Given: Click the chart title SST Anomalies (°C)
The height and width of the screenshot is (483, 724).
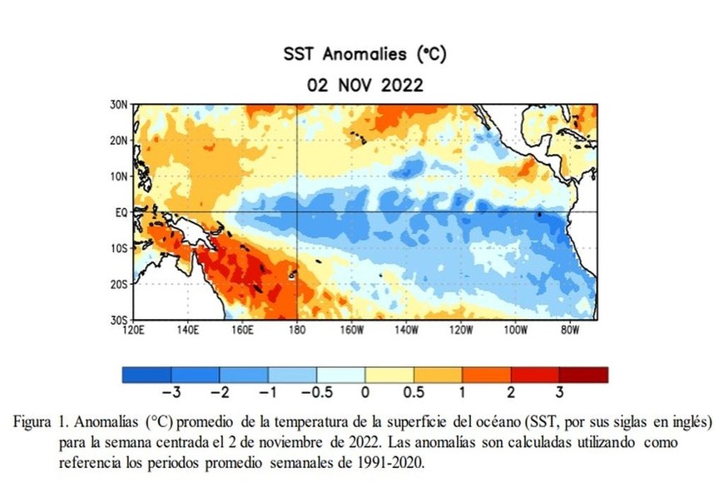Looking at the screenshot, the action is (364, 54).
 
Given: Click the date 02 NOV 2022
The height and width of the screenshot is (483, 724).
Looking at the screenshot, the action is (364, 86).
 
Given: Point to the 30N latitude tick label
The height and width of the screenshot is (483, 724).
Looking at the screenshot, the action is (119, 105).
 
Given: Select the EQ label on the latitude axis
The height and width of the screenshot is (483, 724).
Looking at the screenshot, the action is (121, 212).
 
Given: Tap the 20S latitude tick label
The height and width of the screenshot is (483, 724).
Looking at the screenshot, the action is (119, 284).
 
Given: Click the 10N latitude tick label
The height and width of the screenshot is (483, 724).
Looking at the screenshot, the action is (119, 177).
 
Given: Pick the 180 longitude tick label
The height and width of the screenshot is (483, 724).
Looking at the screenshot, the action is (297, 330).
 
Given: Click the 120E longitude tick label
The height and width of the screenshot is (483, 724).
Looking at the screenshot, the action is (133, 330).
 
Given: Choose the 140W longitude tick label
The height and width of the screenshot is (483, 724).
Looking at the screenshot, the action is (406, 330).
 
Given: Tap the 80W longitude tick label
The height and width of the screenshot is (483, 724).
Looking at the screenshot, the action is (570, 330).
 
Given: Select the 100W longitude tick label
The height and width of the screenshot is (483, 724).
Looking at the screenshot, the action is (515, 330).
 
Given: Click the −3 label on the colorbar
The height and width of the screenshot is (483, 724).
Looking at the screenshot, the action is (171, 392).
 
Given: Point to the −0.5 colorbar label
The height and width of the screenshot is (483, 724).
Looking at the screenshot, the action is (317, 392).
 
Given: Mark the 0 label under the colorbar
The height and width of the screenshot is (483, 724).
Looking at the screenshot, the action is (365, 392).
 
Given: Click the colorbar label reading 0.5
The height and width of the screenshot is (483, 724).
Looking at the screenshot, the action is (414, 392).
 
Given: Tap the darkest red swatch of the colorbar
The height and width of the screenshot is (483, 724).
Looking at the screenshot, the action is (583, 375).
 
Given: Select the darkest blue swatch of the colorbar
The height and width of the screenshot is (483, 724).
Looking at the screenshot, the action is (146, 375).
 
